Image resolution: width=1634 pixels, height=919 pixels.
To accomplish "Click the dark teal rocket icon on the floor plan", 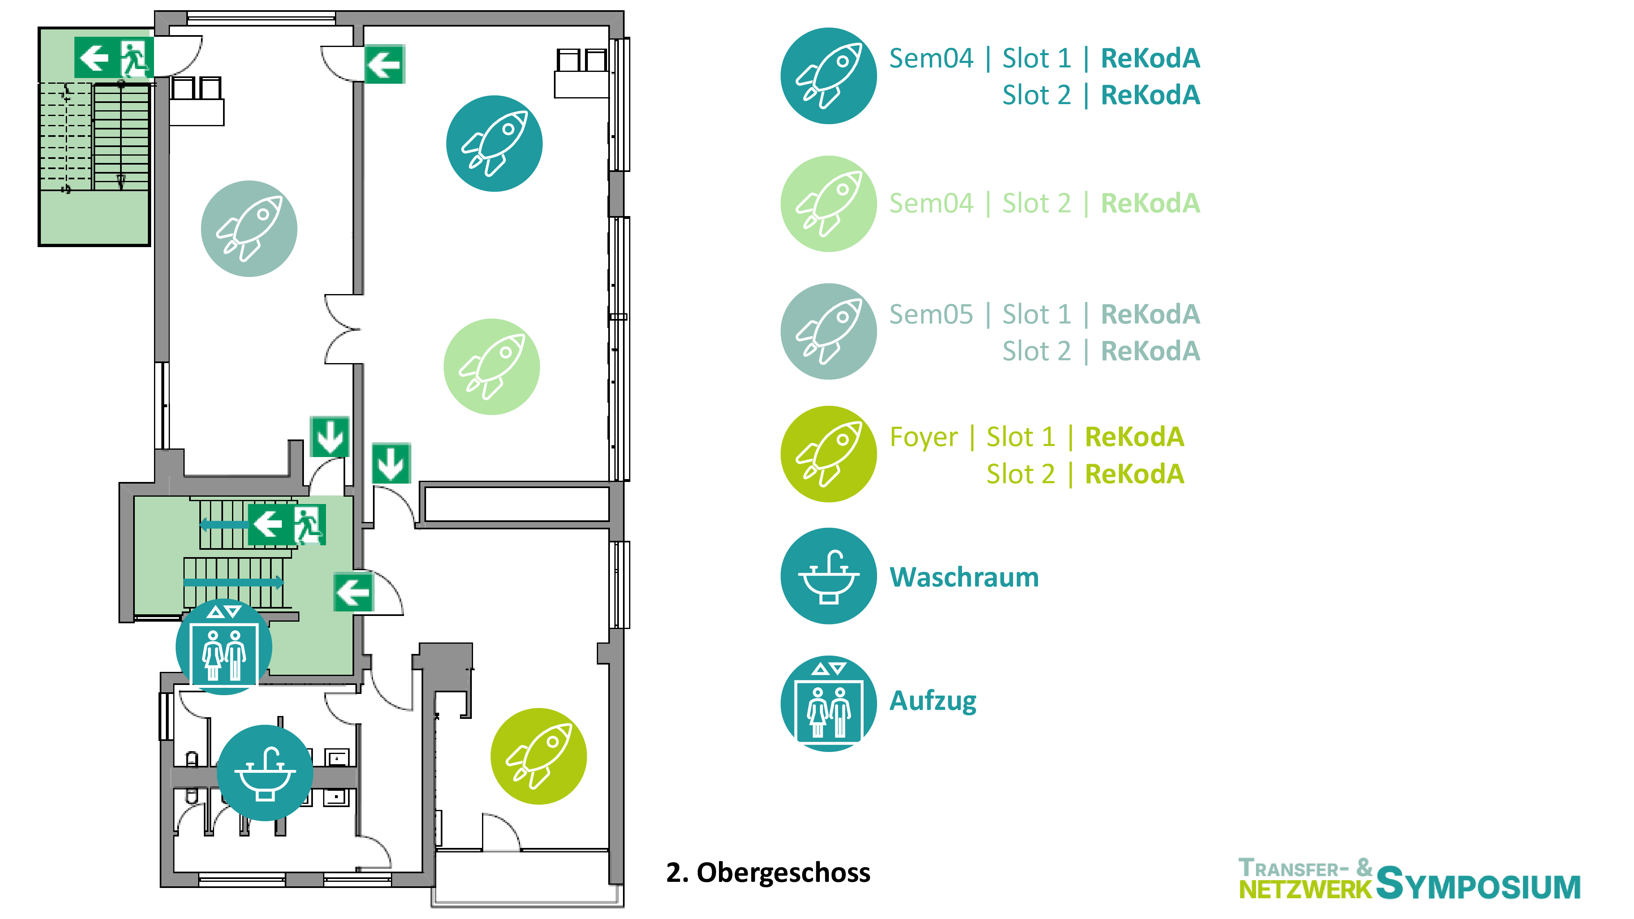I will pyautogui.click(x=494, y=143).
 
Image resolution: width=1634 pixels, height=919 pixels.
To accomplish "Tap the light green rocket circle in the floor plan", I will pyautogui.click(x=491, y=367).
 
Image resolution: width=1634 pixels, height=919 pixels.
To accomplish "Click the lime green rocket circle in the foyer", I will pyautogui.click(x=538, y=756).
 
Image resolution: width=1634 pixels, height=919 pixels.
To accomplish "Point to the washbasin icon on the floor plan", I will pyautogui.click(x=265, y=772).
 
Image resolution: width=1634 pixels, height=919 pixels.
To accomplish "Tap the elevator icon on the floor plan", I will pyautogui.click(x=223, y=647).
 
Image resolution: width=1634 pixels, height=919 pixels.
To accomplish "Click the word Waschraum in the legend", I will pyautogui.click(x=964, y=577).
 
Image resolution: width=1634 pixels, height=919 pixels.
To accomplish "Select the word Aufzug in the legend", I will pyautogui.click(x=933, y=701).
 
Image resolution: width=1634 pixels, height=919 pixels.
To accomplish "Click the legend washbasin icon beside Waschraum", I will pyautogui.click(x=828, y=576).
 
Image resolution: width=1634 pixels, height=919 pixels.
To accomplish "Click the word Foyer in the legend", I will pyautogui.click(x=923, y=437).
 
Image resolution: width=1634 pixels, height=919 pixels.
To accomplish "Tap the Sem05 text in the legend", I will pyautogui.click(x=931, y=314).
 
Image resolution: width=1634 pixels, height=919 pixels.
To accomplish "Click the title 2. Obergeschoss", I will pyautogui.click(x=768, y=873).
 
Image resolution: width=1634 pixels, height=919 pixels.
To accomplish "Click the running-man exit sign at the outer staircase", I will pyautogui.click(x=134, y=57).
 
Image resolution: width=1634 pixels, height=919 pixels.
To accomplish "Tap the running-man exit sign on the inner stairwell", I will pyautogui.click(x=309, y=524).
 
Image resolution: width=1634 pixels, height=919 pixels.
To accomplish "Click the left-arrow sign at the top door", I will pyautogui.click(x=384, y=64).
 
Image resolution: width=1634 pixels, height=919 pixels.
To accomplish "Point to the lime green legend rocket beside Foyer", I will pyautogui.click(x=828, y=454).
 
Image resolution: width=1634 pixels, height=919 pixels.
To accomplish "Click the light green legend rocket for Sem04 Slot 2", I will pyautogui.click(x=828, y=203).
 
